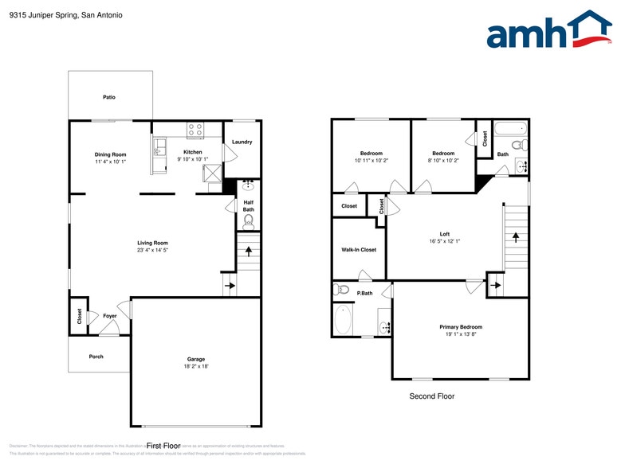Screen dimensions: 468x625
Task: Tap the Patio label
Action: coord(108,97)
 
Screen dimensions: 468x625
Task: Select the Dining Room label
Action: coord(111,154)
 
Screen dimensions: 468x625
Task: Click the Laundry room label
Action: coord(242,142)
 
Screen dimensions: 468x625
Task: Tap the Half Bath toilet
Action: coord(248,220)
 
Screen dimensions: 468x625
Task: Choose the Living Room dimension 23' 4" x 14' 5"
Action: coord(151,250)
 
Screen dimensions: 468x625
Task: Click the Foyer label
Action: coord(110,316)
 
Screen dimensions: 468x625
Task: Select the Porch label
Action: coord(96,357)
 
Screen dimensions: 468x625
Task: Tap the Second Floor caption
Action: coord(431,396)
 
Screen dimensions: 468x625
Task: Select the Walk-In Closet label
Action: coord(358,250)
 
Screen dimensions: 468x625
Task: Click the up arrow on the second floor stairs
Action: coord(515,236)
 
